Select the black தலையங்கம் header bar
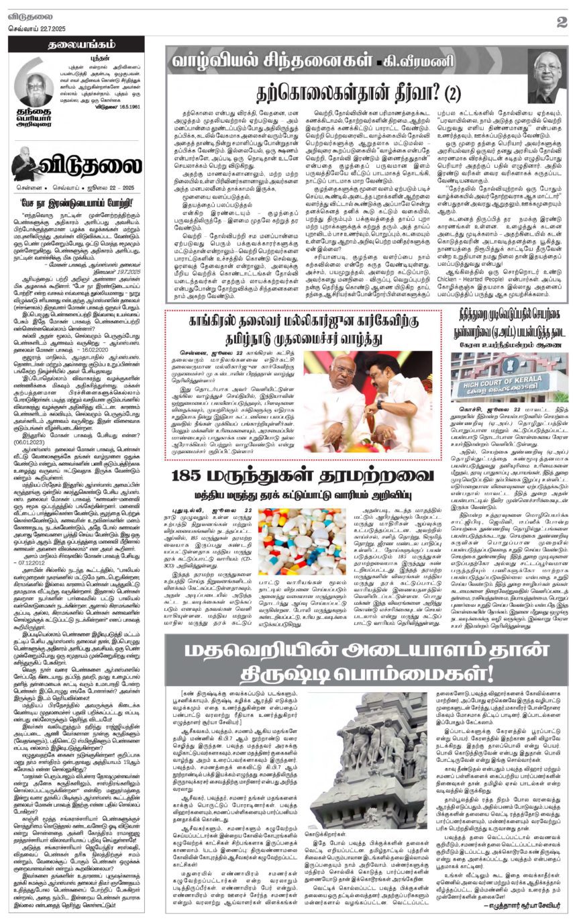pyautogui.click(x=76, y=44)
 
